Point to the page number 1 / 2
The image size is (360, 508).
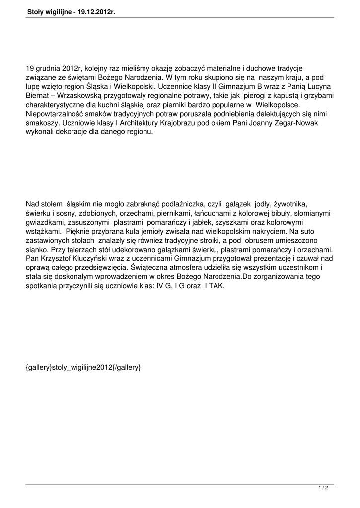coord(323,488)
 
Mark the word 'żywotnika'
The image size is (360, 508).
coord(290,204)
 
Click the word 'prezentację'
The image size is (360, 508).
coord(264,258)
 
